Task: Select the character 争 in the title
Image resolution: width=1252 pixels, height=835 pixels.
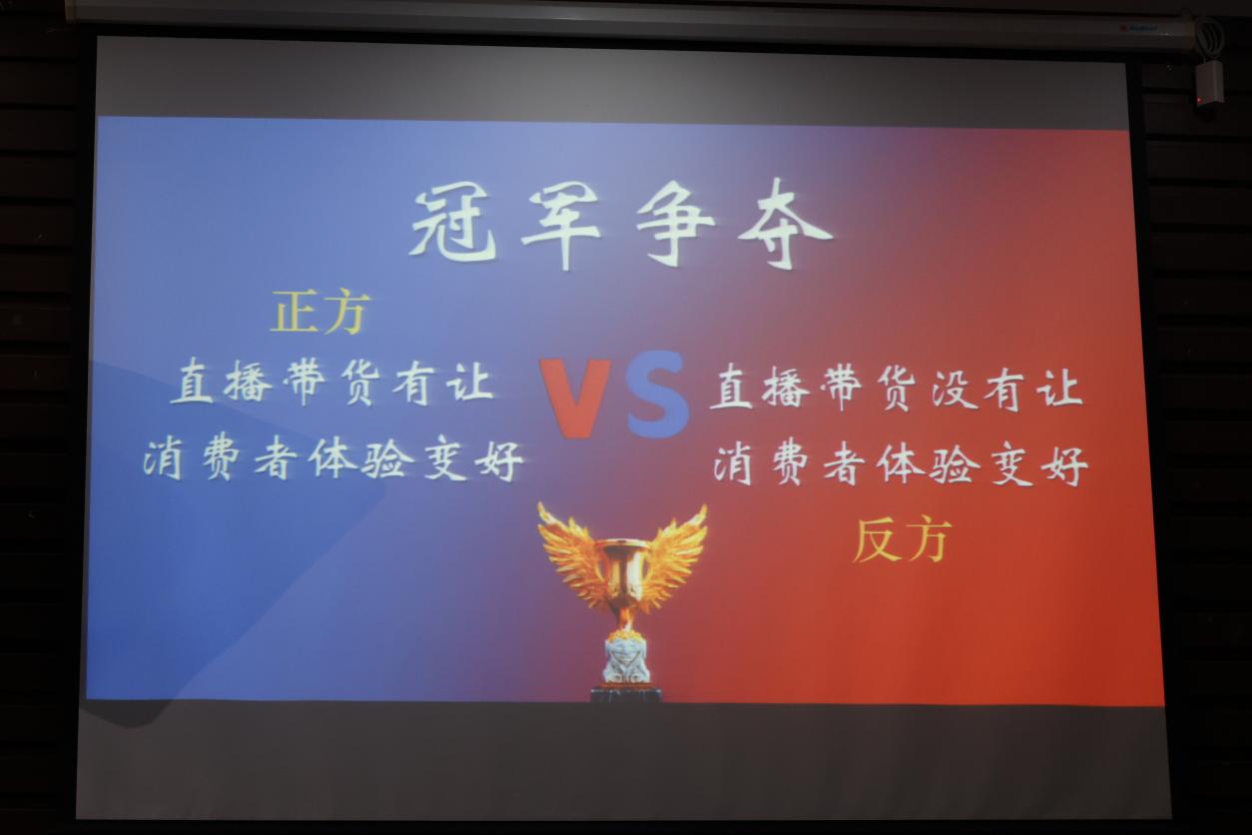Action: point(675,226)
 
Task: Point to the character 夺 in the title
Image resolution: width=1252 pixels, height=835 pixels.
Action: point(786,226)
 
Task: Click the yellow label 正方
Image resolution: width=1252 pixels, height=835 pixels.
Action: point(320,312)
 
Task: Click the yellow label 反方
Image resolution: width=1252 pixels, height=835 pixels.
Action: point(903,540)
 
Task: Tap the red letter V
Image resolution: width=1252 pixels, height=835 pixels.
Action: point(575,399)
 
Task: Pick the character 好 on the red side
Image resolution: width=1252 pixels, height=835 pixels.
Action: point(1066,465)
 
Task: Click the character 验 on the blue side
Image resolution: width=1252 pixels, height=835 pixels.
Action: point(384,459)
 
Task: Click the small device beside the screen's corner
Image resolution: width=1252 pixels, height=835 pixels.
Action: point(1208,84)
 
